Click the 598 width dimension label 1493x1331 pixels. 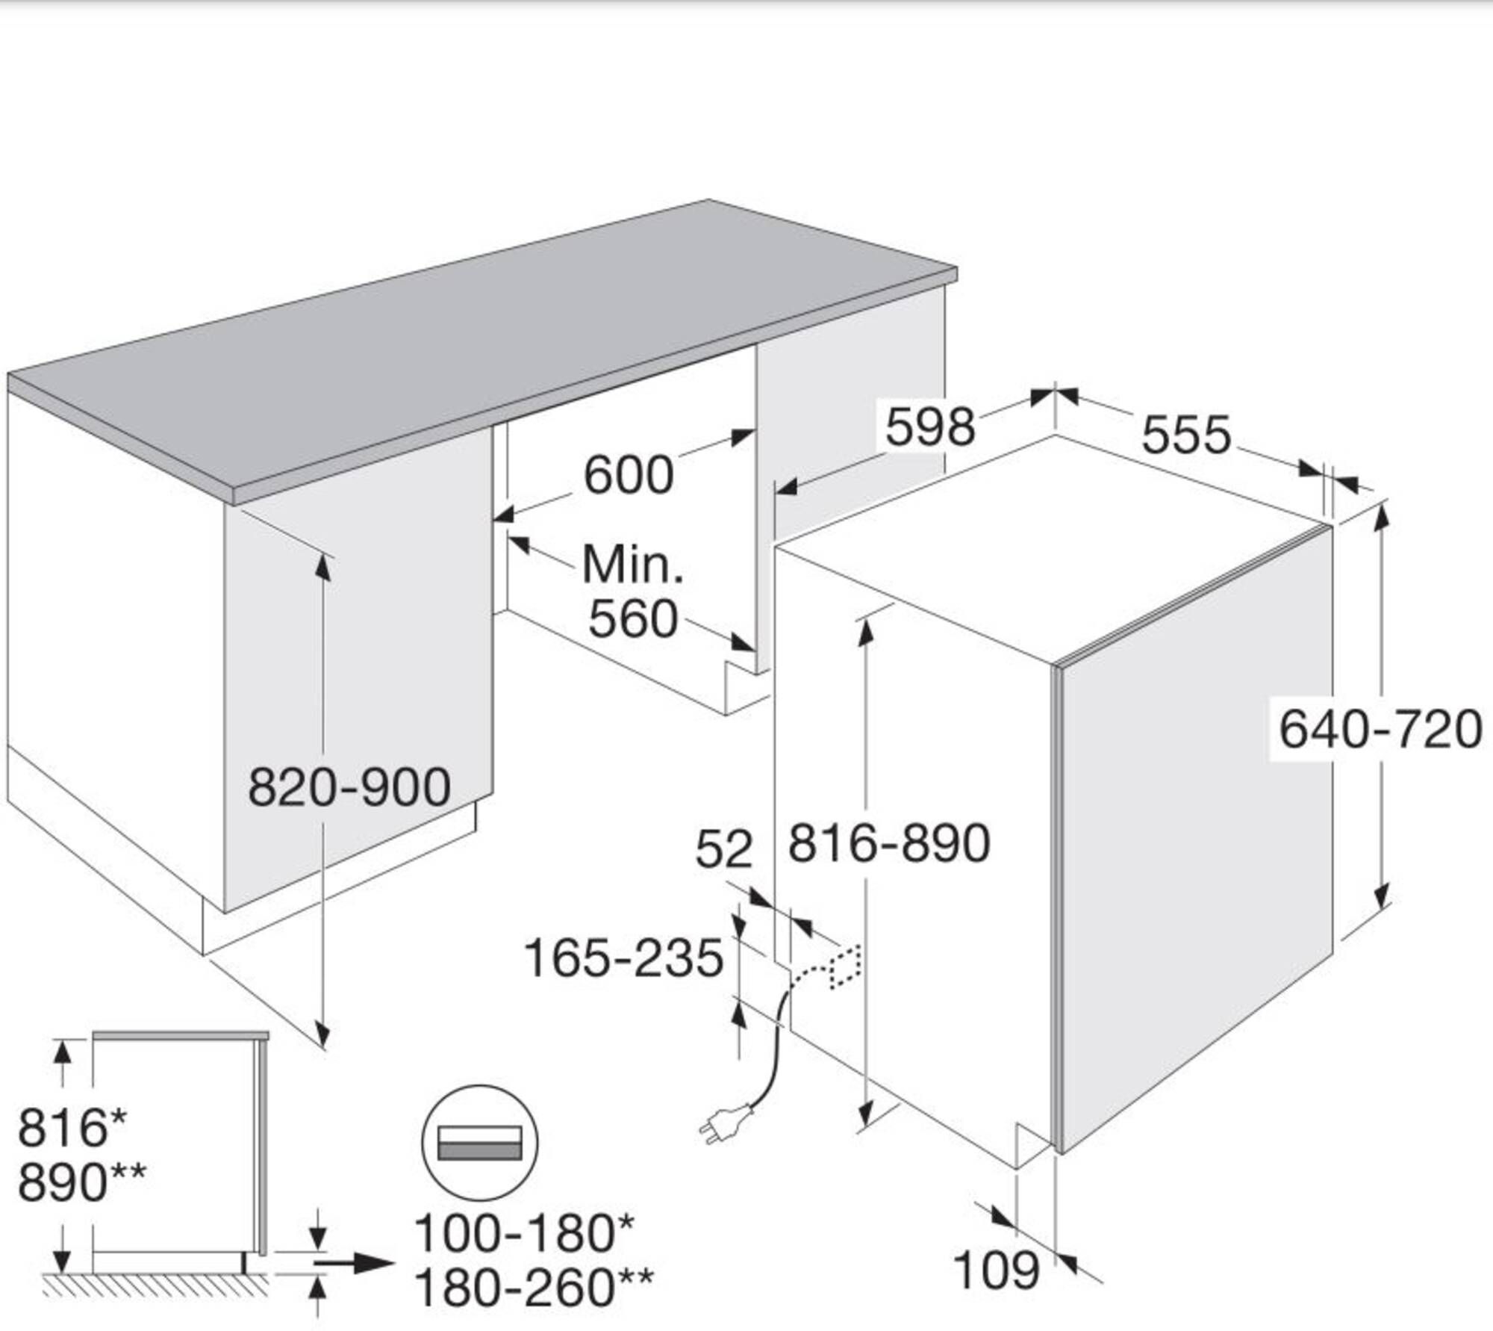(x=930, y=427)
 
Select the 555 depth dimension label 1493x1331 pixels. (x=1186, y=435)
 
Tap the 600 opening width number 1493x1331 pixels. (x=628, y=475)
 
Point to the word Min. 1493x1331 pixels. (x=632, y=565)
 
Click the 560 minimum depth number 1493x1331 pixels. (x=633, y=619)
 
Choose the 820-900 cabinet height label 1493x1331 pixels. (x=349, y=787)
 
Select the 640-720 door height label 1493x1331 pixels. (x=1380, y=730)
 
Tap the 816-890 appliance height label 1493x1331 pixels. (x=889, y=844)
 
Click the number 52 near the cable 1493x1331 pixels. (x=723, y=850)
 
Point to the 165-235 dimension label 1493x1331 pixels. (x=623, y=958)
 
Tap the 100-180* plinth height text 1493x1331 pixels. (x=523, y=1233)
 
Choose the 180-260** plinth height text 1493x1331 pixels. (x=533, y=1287)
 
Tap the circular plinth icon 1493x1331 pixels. (x=480, y=1143)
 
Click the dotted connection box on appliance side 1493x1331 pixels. (x=845, y=967)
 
